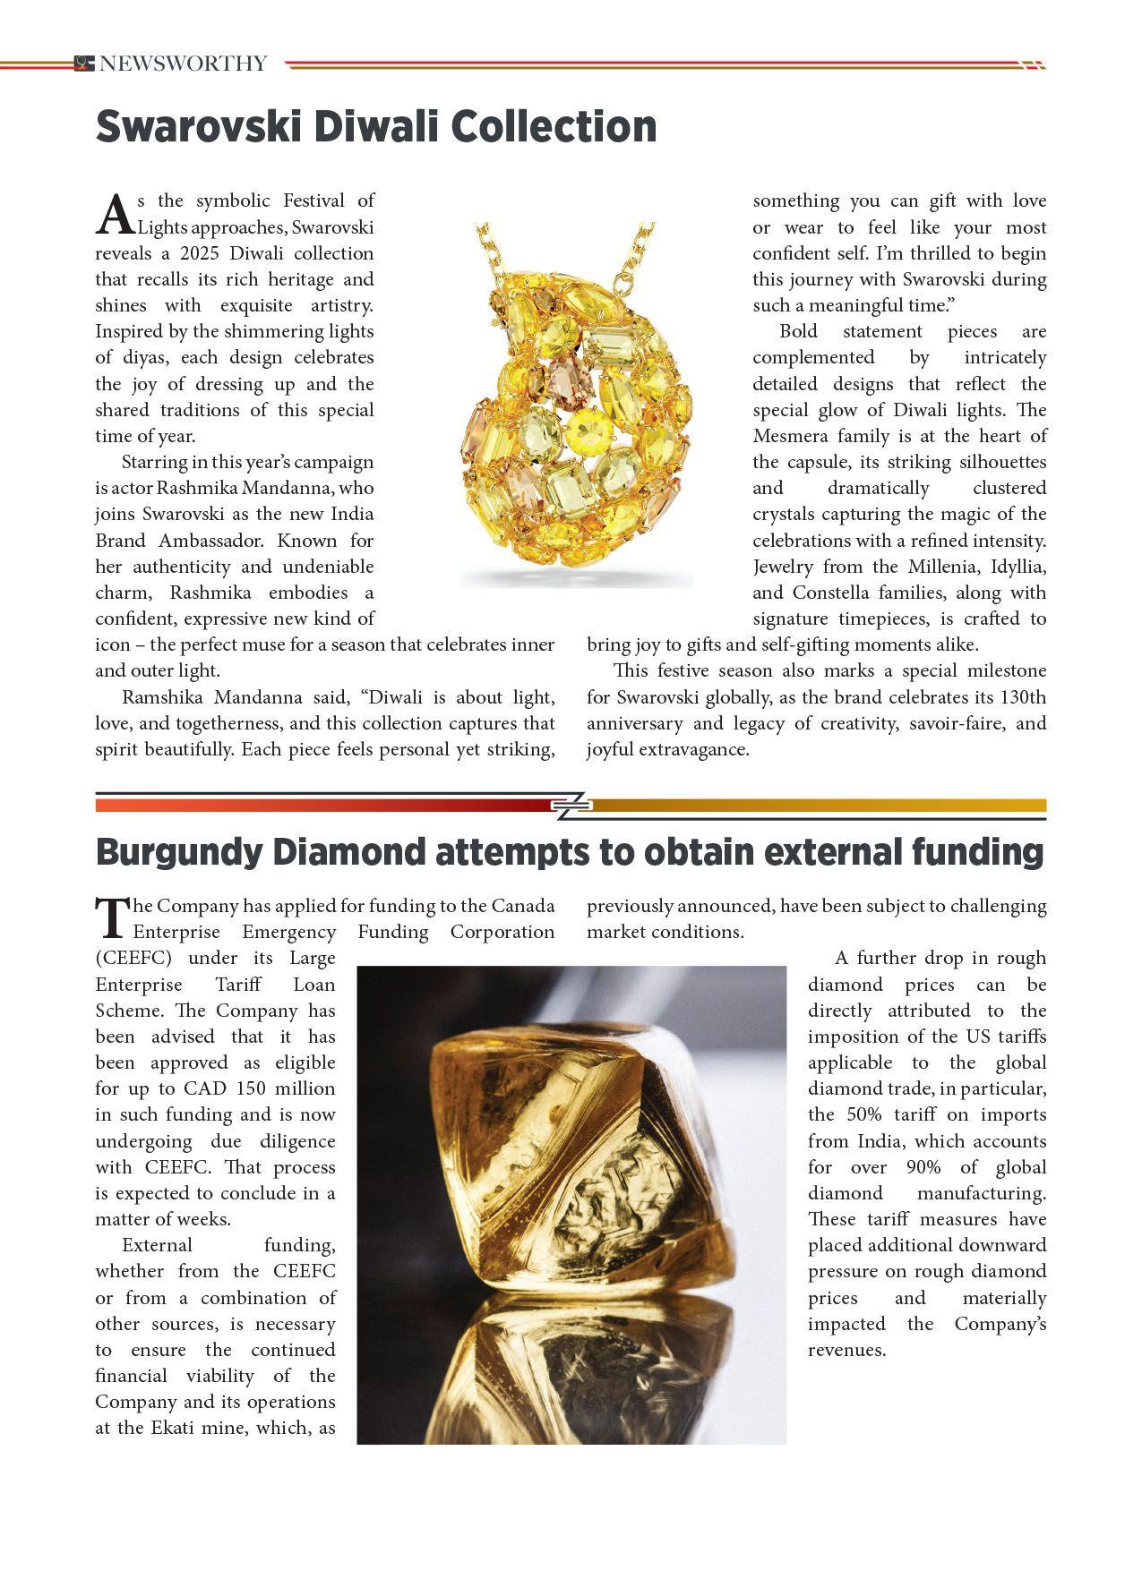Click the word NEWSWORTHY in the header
(183, 64)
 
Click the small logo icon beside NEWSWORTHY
(84, 64)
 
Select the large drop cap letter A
(114, 215)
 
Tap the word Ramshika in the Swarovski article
(159, 697)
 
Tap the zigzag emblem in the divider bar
(571, 806)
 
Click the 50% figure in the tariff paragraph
(864, 1114)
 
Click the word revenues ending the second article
(846, 1350)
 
